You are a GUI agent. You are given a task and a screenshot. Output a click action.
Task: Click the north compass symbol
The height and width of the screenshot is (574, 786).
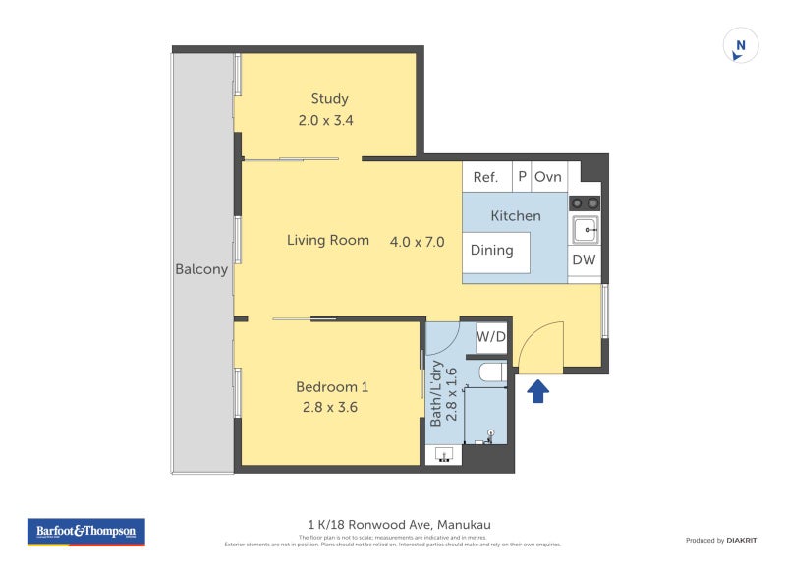click(741, 46)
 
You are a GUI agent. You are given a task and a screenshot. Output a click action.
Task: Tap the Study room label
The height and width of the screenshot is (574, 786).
click(329, 99)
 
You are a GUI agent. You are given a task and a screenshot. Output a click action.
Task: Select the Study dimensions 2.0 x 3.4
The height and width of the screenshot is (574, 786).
click(325, 121)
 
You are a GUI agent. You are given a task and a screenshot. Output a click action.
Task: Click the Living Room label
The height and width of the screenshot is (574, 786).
click(328, 240)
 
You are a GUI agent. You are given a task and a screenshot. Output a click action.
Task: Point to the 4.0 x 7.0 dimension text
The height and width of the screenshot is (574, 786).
click(418, 242)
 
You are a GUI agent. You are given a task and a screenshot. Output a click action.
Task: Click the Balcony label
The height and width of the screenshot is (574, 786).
click(201, 269)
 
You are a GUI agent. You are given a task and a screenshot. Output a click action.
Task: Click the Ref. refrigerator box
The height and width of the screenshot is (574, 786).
click(486, 177)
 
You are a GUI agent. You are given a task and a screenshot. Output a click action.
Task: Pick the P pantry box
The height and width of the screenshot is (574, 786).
click(522, 177)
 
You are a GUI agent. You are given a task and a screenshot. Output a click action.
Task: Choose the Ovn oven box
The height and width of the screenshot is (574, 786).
click(548, 177)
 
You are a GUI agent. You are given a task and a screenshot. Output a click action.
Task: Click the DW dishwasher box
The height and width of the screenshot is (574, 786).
click(584, 260)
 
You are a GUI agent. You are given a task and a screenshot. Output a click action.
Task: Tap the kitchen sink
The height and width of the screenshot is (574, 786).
click(586, 231)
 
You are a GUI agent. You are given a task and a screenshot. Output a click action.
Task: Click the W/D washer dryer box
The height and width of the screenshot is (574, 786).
click(491, 337)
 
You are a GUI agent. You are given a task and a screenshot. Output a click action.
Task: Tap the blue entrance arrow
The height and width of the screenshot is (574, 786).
click(537, 392)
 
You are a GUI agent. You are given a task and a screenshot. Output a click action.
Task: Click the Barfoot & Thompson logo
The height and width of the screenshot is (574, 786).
click(85, 532)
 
